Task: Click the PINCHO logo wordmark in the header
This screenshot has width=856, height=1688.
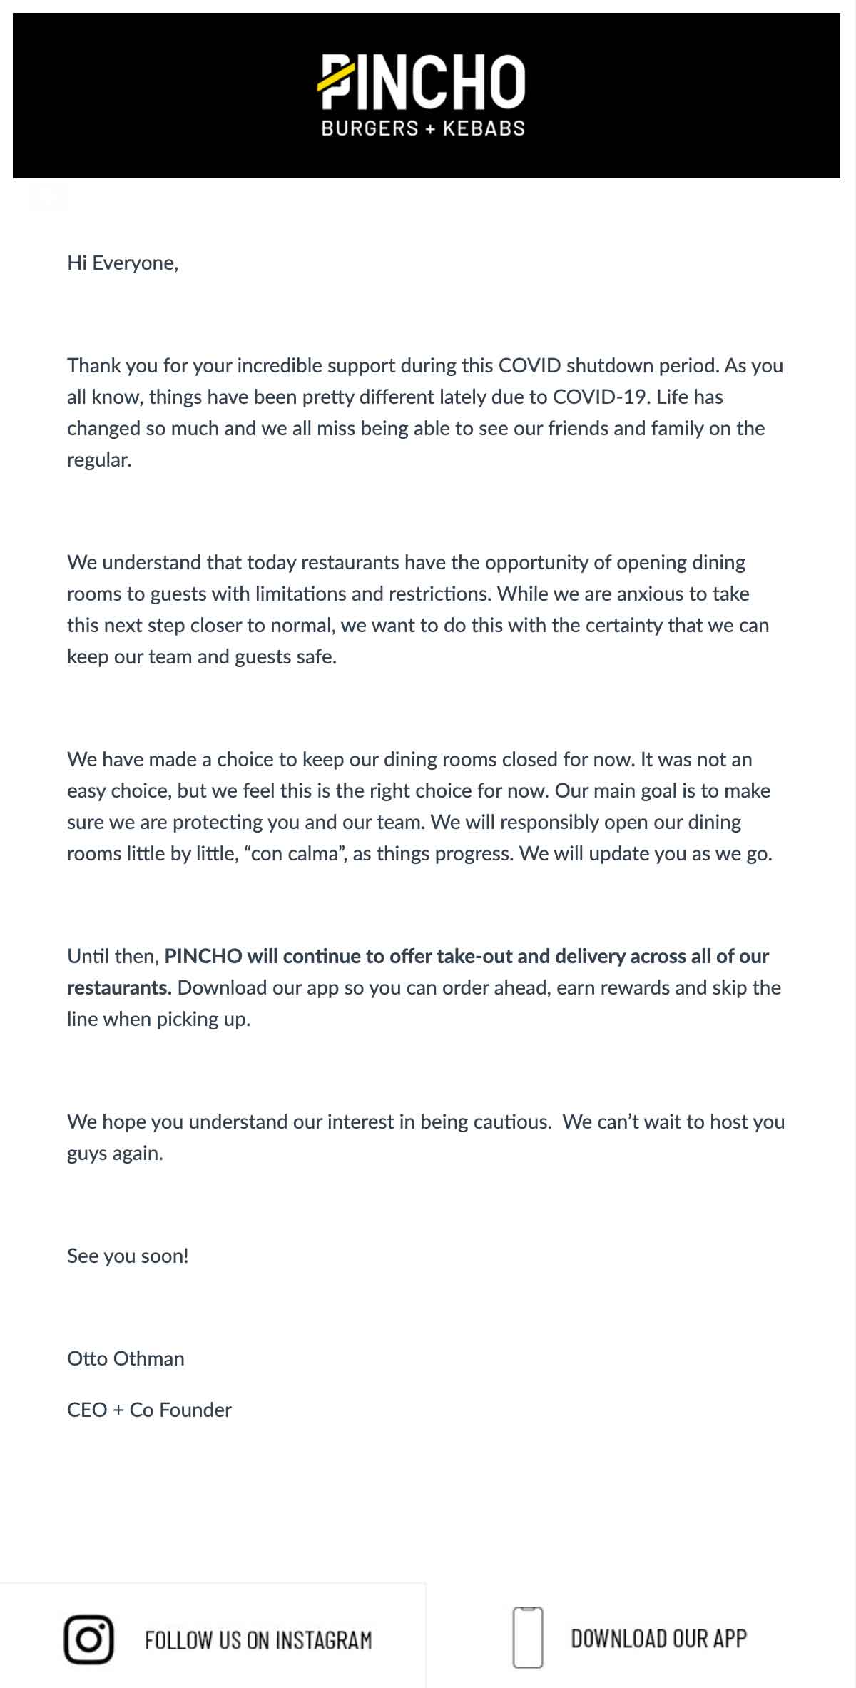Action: [422, 82]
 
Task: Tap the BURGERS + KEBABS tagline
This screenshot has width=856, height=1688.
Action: [423, 128]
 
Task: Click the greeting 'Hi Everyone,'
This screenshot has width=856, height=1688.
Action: [123, 263]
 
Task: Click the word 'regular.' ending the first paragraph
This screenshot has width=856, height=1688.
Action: [99, 460]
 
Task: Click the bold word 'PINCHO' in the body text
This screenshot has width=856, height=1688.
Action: [203, 957]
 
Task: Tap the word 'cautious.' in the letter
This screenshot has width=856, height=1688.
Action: [512, 1122]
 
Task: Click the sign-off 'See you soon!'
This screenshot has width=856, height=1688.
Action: [128, 1256]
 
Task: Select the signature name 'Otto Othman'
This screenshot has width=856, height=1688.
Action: [126, 1359]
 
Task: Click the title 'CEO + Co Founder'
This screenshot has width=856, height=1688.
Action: [149, 1410]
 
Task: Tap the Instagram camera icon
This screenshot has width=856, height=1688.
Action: [89, 1639]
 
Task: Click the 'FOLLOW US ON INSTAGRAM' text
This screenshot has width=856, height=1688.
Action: [258, 1640]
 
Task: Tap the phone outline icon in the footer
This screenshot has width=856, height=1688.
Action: [528, 1638]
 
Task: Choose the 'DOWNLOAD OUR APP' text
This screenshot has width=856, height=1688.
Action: [658, 1639]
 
